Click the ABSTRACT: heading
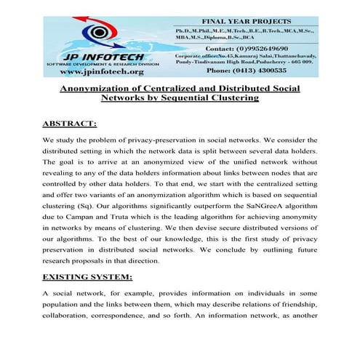tap(69, 124)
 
